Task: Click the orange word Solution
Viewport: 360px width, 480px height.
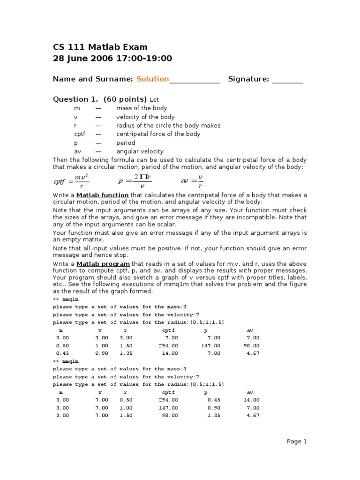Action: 152,79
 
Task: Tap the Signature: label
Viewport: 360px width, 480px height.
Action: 248,79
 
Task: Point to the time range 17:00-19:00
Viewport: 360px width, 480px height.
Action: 141,59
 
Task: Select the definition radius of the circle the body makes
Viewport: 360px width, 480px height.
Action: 168,126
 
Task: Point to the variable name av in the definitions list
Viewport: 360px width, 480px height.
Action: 77,151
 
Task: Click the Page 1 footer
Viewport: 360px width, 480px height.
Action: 297,441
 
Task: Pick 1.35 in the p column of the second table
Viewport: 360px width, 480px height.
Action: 213,415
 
